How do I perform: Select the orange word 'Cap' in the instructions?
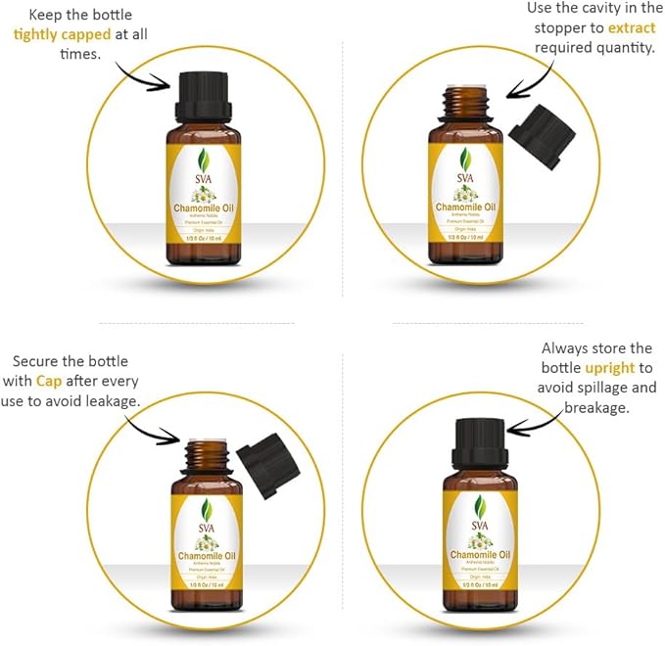[49, 380]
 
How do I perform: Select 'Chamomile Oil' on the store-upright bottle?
[479, 559]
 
